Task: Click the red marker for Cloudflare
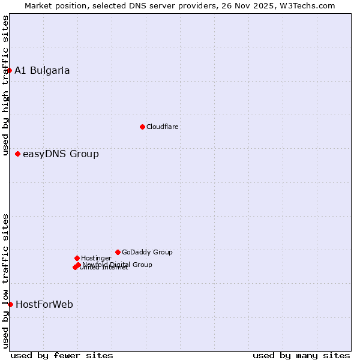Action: point(142,127)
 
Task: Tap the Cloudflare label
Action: point(163,127)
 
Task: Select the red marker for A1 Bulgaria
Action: point(9,70)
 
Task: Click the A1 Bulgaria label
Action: point(42,70)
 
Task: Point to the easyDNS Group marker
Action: point(17,154)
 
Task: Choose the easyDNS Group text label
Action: point(61,154)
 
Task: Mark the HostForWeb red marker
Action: point(10,304)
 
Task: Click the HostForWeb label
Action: point(44,304)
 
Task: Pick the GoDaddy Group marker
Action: point(118,252)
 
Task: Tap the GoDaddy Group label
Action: point(147,252)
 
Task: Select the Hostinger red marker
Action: point(77,258)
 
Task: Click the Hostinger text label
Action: point(97,258)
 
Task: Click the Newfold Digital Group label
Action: point(118,264)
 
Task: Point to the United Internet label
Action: point(104,268)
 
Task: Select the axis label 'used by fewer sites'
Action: point(62,355)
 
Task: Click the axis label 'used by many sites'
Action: point(301,355)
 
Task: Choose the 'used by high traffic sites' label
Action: point(5,85)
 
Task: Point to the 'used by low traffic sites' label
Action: point(5,280)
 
